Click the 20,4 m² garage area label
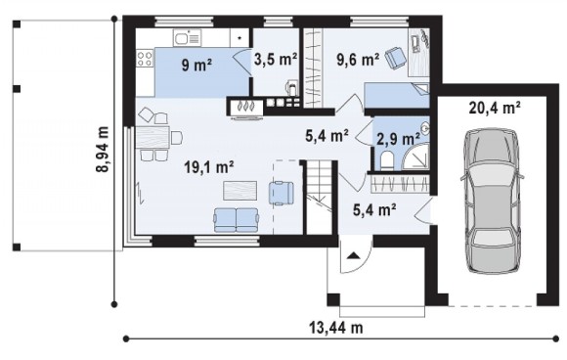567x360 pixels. (x=495, y=108)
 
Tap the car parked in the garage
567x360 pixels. (x=492, y=201)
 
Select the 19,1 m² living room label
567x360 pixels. (x=208, y=167)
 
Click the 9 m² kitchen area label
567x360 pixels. (x=196, y=66)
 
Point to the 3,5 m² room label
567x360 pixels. (x=276, y=59)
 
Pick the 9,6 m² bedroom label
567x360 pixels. (x=358, y=60)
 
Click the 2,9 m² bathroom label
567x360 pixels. (x=398, y=139)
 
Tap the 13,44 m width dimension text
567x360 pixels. (x=336, y=328)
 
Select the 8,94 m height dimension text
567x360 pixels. (x=103, y=149)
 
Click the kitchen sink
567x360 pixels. (x=187, y=37)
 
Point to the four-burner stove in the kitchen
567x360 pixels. (x=145, y=59)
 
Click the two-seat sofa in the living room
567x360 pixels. (x=237, y=219)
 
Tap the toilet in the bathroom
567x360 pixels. (x=386, y=160)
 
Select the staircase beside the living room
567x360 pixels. (x=319, y=198)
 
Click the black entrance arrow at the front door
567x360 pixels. (x=353, y=255)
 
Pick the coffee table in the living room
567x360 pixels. (x=240, y=191)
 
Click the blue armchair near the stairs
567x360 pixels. (x=281, y=193)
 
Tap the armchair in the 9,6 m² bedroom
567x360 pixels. (x=396, y=59)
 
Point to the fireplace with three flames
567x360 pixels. (x=244, y=107)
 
